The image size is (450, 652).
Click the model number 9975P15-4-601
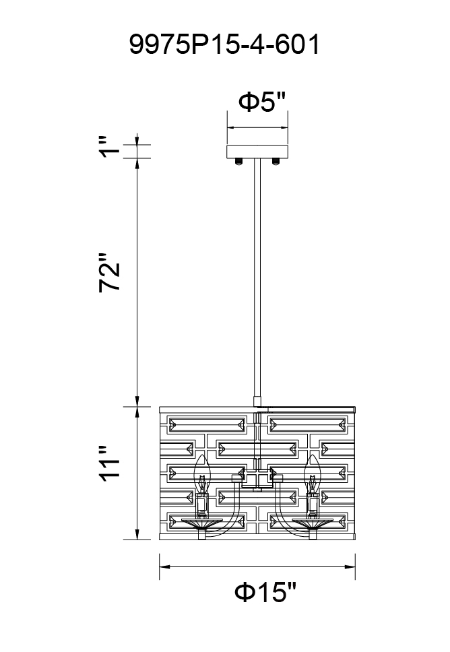tap(224, 44)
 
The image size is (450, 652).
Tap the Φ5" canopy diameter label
tap(263, 102)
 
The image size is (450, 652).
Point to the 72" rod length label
tap(109, 273)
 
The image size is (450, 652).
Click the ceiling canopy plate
tap(257, 152)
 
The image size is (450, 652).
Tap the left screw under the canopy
tap(239, 162)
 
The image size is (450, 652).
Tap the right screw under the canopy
tap(276, 162)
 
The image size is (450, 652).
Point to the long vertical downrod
tap(257, 278)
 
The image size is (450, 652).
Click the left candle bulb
tap(201, 473)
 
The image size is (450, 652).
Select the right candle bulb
tap(312, 473)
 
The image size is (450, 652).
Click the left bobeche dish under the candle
tap(201, 523)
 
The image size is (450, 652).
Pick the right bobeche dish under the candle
tap(313, 523)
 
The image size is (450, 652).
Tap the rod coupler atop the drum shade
tap(257, 401)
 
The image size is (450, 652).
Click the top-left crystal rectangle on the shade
tap(207, 424)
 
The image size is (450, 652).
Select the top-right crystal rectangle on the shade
tap(307, 424)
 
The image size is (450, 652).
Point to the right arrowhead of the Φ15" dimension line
tap(350, 566)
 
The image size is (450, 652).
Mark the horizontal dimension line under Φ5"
tap(257, 128)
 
